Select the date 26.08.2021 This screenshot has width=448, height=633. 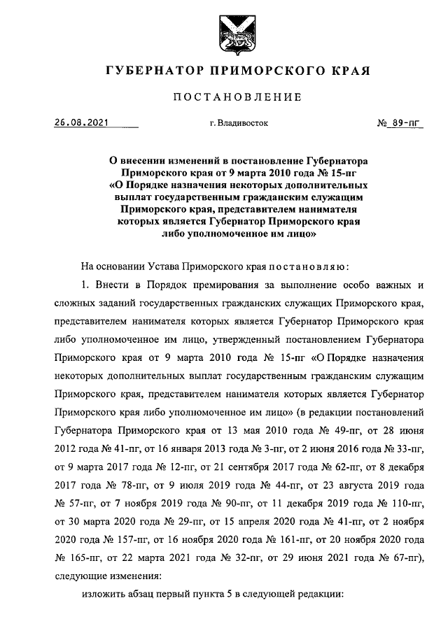click(x=82, y=123)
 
